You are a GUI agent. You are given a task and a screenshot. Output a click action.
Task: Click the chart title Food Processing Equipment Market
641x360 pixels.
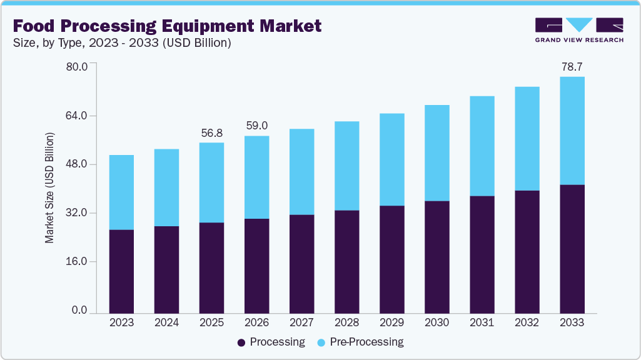(x=167, y=26)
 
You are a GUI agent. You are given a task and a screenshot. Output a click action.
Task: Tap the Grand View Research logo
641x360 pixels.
(x=579, y=30)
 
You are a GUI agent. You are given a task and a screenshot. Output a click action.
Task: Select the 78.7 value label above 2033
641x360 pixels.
(x=572, y=66)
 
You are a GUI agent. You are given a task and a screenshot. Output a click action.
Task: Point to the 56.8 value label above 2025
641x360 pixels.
(x=211, y=133)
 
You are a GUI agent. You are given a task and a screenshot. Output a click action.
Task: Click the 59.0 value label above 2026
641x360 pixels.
(x=256, y=126)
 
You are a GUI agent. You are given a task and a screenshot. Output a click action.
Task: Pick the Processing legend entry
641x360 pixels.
(x=271, y=342)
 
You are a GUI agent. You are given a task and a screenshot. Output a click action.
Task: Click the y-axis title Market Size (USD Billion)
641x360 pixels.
(x=49, y=188)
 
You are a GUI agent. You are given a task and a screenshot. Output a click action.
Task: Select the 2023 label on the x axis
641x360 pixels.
(x=121, y=322)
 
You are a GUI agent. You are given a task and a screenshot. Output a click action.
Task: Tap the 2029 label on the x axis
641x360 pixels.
(x=391, y=322)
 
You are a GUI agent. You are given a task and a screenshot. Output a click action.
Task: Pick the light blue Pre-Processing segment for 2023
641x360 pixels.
(x=121, y=192)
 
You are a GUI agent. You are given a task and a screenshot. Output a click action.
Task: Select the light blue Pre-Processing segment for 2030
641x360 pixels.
(x=437, y=153)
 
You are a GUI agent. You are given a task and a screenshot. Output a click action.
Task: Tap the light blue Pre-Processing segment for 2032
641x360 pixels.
(x=527, y=139)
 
